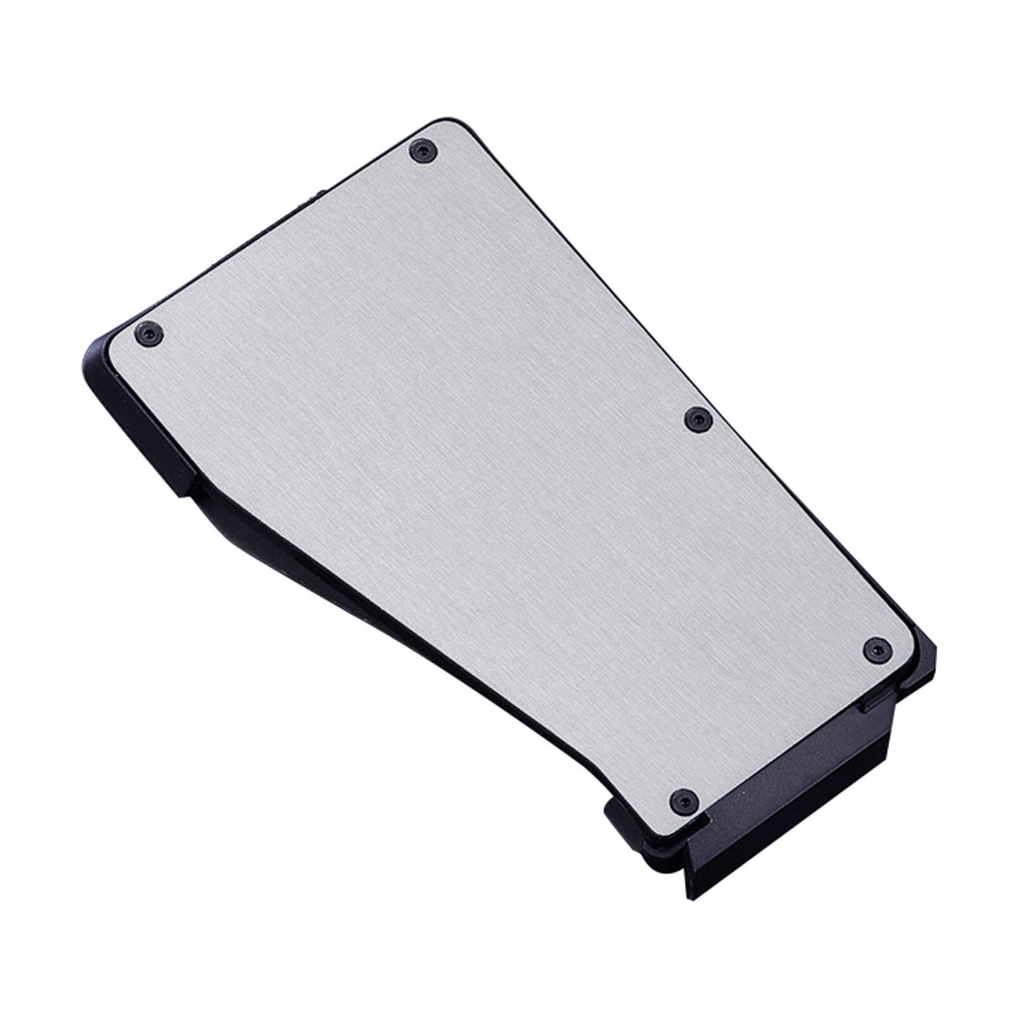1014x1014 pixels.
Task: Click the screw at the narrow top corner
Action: (422, 150)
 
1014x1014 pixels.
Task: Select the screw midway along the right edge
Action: (699, 417)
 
